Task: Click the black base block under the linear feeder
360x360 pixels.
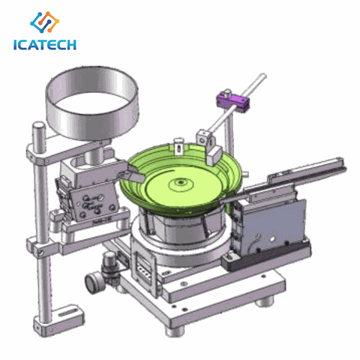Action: [232, 259]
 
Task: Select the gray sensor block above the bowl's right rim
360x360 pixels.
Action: [204, 138]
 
